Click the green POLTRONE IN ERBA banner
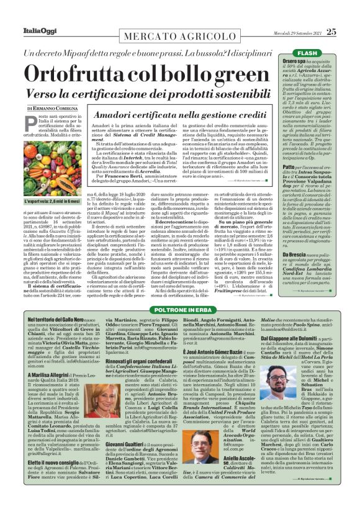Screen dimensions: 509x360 click(x=180, y=309)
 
